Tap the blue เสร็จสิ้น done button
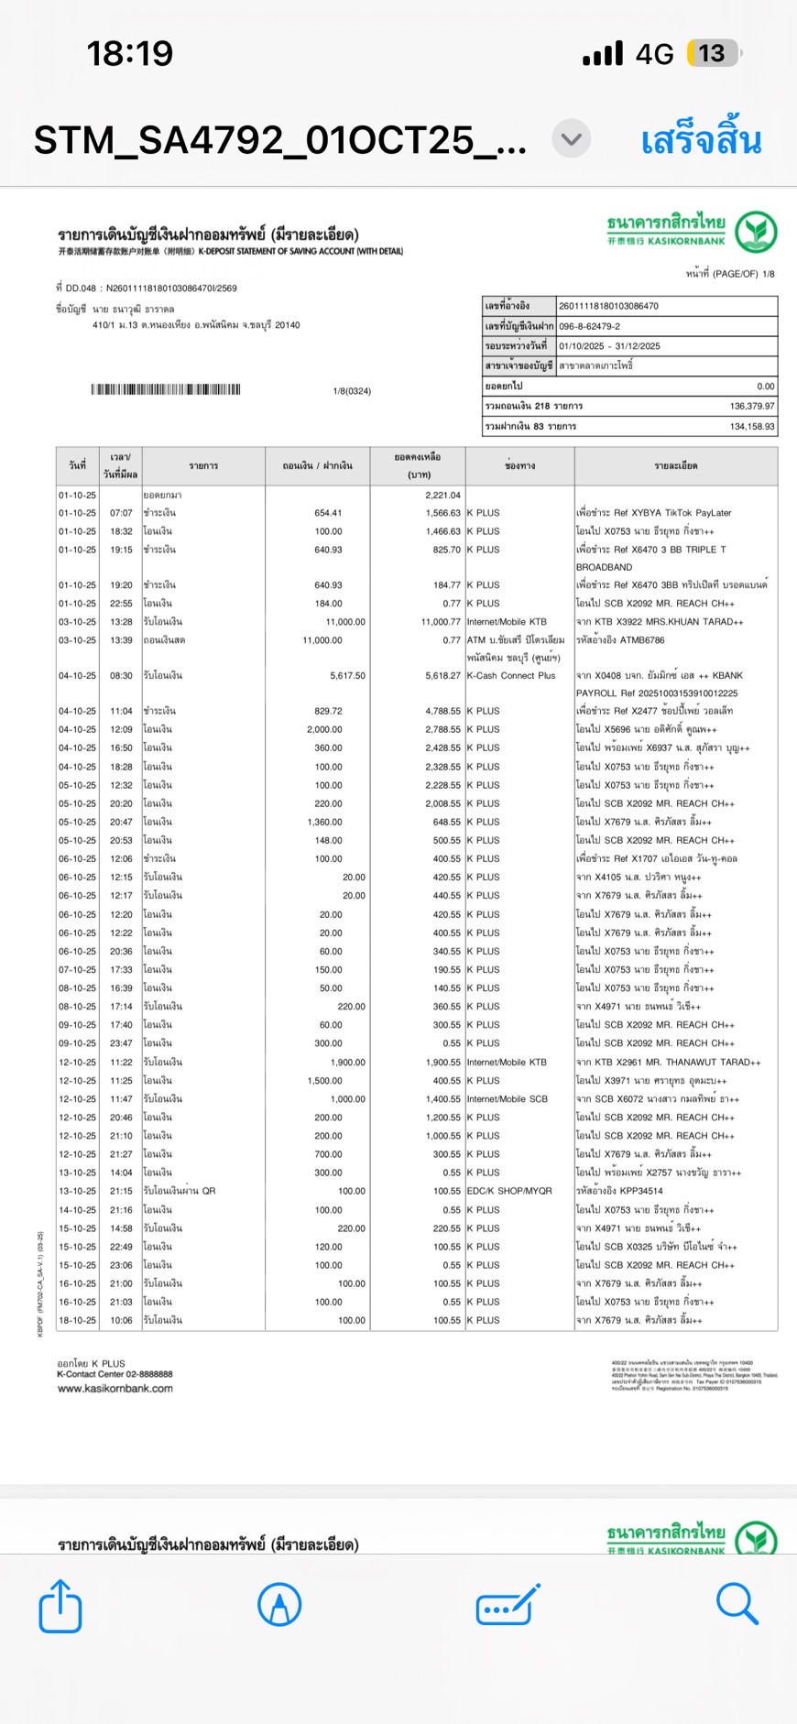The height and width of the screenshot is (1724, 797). tap(701, 140)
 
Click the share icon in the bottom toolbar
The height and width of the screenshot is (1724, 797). tap(60, 1606)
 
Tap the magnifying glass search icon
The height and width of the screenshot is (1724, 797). tap(737, 1604)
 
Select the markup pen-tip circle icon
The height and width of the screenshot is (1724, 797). tap(279, 1605)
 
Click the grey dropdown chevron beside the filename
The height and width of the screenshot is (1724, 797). tap(571, 139)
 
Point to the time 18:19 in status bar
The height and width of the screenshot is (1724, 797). tap(130, 53)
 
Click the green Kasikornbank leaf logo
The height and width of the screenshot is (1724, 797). tap(756, 232)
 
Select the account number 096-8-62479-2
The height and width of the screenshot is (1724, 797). tap(590, 326)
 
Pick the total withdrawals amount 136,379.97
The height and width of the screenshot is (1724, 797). tap(751, 406)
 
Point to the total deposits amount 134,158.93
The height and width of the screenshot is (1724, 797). tap(751, 426)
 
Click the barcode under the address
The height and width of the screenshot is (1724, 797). tap(166, 389)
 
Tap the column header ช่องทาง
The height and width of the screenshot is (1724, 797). tap(519, 465)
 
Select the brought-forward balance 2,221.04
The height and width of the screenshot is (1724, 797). tap(442, 495)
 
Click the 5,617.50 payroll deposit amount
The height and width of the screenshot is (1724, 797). tap(347, 675)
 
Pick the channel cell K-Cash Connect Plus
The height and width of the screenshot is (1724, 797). tap(511, 675)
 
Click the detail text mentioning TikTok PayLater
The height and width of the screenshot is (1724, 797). tap(654, 513)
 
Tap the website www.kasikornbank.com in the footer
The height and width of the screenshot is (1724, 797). tap(115, 1389)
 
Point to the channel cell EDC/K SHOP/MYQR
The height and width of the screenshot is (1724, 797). tap(509, 1191)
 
